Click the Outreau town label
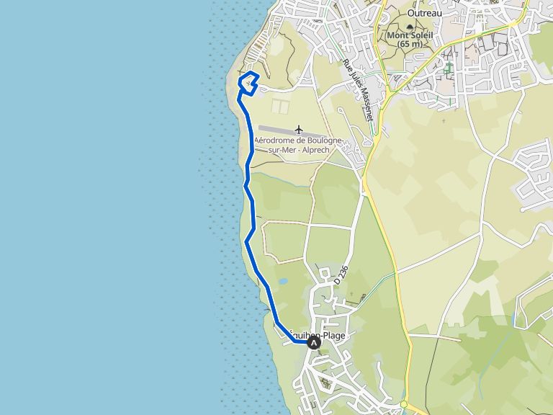[x=423, y=12]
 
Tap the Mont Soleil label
[x=407, y=35]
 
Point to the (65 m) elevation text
[x=407, y=44]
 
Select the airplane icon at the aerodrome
[x=299, y=130]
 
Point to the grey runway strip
[x=281, y=130]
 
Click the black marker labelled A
[x=314, y=343]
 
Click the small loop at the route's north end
[x=249, y=81]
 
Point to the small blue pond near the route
[x=284, y=281]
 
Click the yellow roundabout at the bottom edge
[x=405, y=406]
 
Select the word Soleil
[x=418, y=35]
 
